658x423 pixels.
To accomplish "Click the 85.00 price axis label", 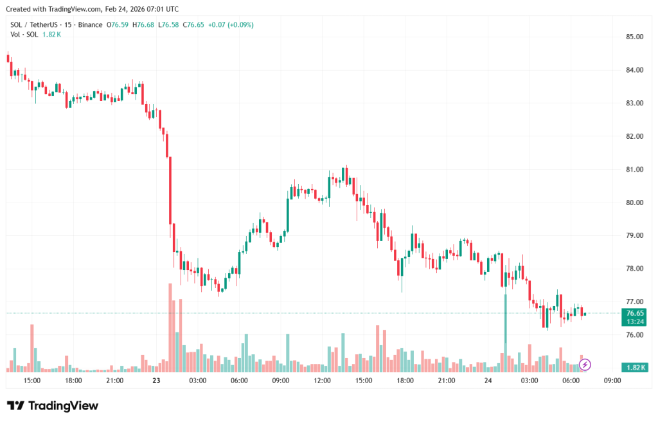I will (x=634, y=37).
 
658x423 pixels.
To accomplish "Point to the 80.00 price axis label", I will (x=634, y=203).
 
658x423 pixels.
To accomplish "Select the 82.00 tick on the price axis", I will (x=634, y=136).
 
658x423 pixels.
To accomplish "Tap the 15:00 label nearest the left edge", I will (x=32, y=381).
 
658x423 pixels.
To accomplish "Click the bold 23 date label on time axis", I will (x=156, y=381).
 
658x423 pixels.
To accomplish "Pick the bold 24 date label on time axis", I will (x=488, y=381).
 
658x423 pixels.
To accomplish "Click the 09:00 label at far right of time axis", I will (x=612, y=381).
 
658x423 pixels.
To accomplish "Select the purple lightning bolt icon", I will (x=585, y=365).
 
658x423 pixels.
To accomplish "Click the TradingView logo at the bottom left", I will (x=53, y=406).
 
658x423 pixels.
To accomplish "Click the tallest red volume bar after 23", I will (x=170, y=327).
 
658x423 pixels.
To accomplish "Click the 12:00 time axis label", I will (x=322, y=381).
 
